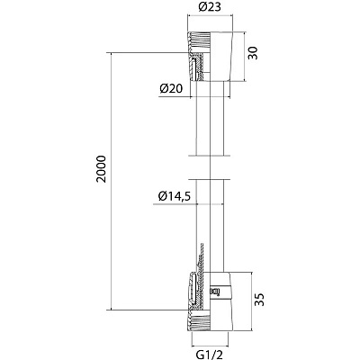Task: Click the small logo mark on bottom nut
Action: pyautogui.click(x=215, y=291)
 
